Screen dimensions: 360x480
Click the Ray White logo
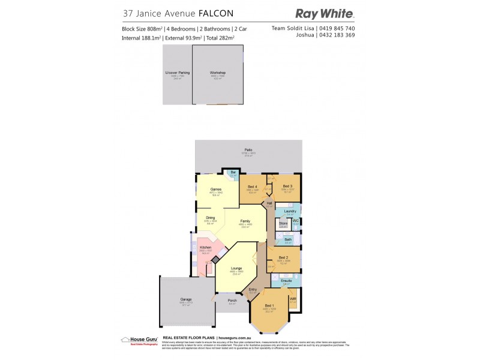tap(325, 13)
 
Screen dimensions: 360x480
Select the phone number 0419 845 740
tap(335, 28)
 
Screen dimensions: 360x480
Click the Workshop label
tap(218, 72)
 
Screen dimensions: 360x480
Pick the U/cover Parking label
tap(178, 72)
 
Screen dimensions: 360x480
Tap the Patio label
tap(248, 149)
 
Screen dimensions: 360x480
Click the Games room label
tap(216, 190)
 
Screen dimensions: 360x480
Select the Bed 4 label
tap(253, 187)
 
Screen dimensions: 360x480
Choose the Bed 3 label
tap(287, 187)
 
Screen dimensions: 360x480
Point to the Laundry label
tap(290, 211)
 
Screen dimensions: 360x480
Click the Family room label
tap(245, 221)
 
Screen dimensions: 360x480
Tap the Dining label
tap(211, 217)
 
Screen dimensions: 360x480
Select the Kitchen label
tap(205, 247)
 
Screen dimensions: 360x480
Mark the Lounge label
tap(236, 268)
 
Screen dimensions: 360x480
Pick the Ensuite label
tap(286, 280)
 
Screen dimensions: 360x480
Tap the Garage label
tap(186, 298)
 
